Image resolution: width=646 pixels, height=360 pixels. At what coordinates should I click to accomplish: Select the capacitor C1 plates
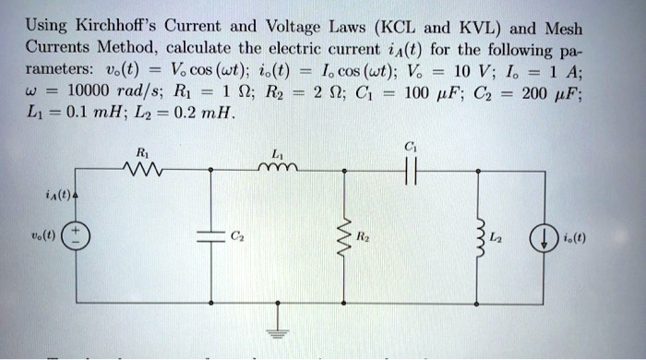(x=412, y=170)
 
